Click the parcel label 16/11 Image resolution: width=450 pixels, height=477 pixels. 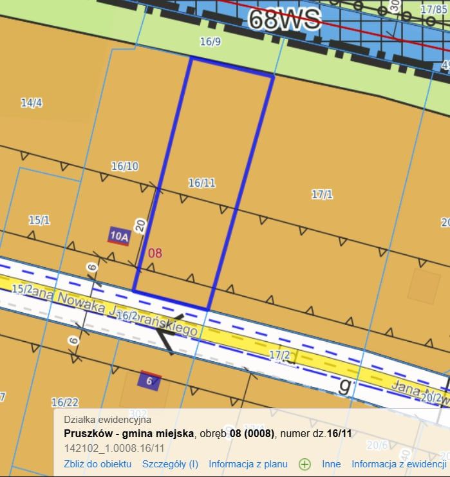[202, 183]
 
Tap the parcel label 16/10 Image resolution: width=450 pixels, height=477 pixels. [124, 166]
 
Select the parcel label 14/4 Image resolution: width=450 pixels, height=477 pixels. [31, 102]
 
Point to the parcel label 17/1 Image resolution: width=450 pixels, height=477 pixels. [321, 194]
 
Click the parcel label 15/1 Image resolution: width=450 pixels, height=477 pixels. [39, 220]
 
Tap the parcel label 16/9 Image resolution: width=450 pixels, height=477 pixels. [210, 42]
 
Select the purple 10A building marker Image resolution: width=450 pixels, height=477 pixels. [118, 236]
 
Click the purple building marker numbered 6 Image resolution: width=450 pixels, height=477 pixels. [149, 380]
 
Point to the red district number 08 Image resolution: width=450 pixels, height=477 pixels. [155, 253]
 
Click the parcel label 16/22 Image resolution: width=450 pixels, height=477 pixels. [64, 402]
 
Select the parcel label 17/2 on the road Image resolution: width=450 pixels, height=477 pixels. [279, 355]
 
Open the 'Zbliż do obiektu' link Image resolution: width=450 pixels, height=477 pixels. [97, 463]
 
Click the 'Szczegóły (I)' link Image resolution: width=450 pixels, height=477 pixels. [170, 463]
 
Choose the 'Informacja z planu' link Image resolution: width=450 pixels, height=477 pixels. [248, 463]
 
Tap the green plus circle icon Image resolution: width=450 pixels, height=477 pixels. [305, 464]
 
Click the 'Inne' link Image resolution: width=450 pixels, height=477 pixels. [331, 463]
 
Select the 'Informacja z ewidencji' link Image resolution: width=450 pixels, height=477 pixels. [398, 463]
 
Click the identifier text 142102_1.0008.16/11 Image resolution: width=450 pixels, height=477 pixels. [114, 448]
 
